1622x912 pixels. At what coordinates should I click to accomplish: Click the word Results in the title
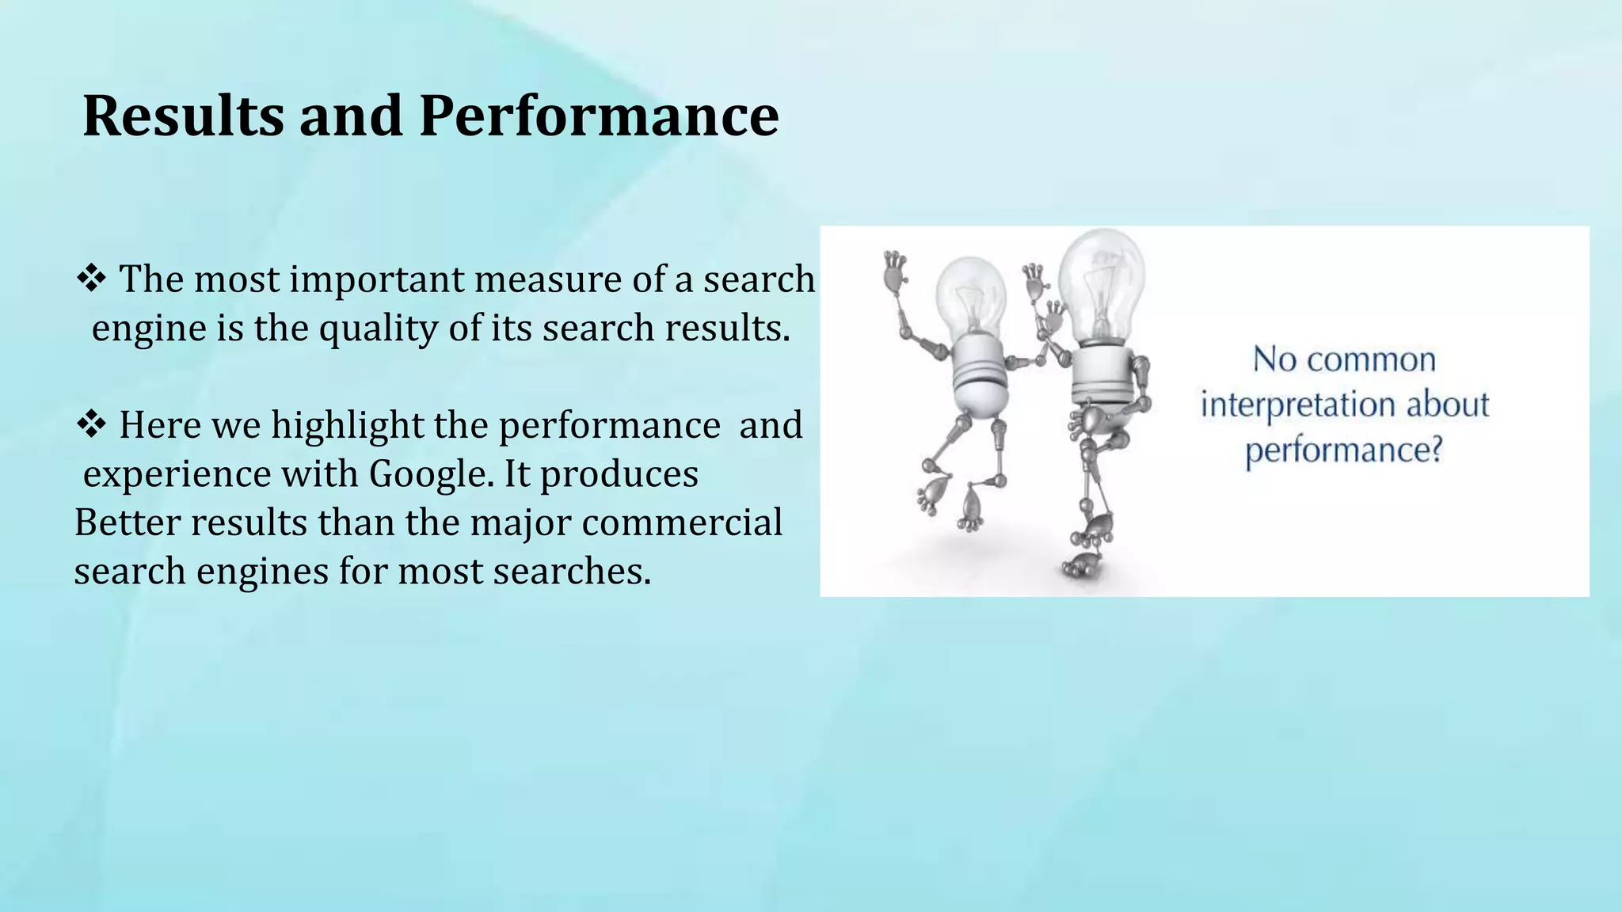(182, 116)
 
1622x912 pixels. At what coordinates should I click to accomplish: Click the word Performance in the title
(599, 116)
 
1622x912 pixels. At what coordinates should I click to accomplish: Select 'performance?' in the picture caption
(1345, 450)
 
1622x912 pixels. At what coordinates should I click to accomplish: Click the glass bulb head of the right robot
(1101, 281)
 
